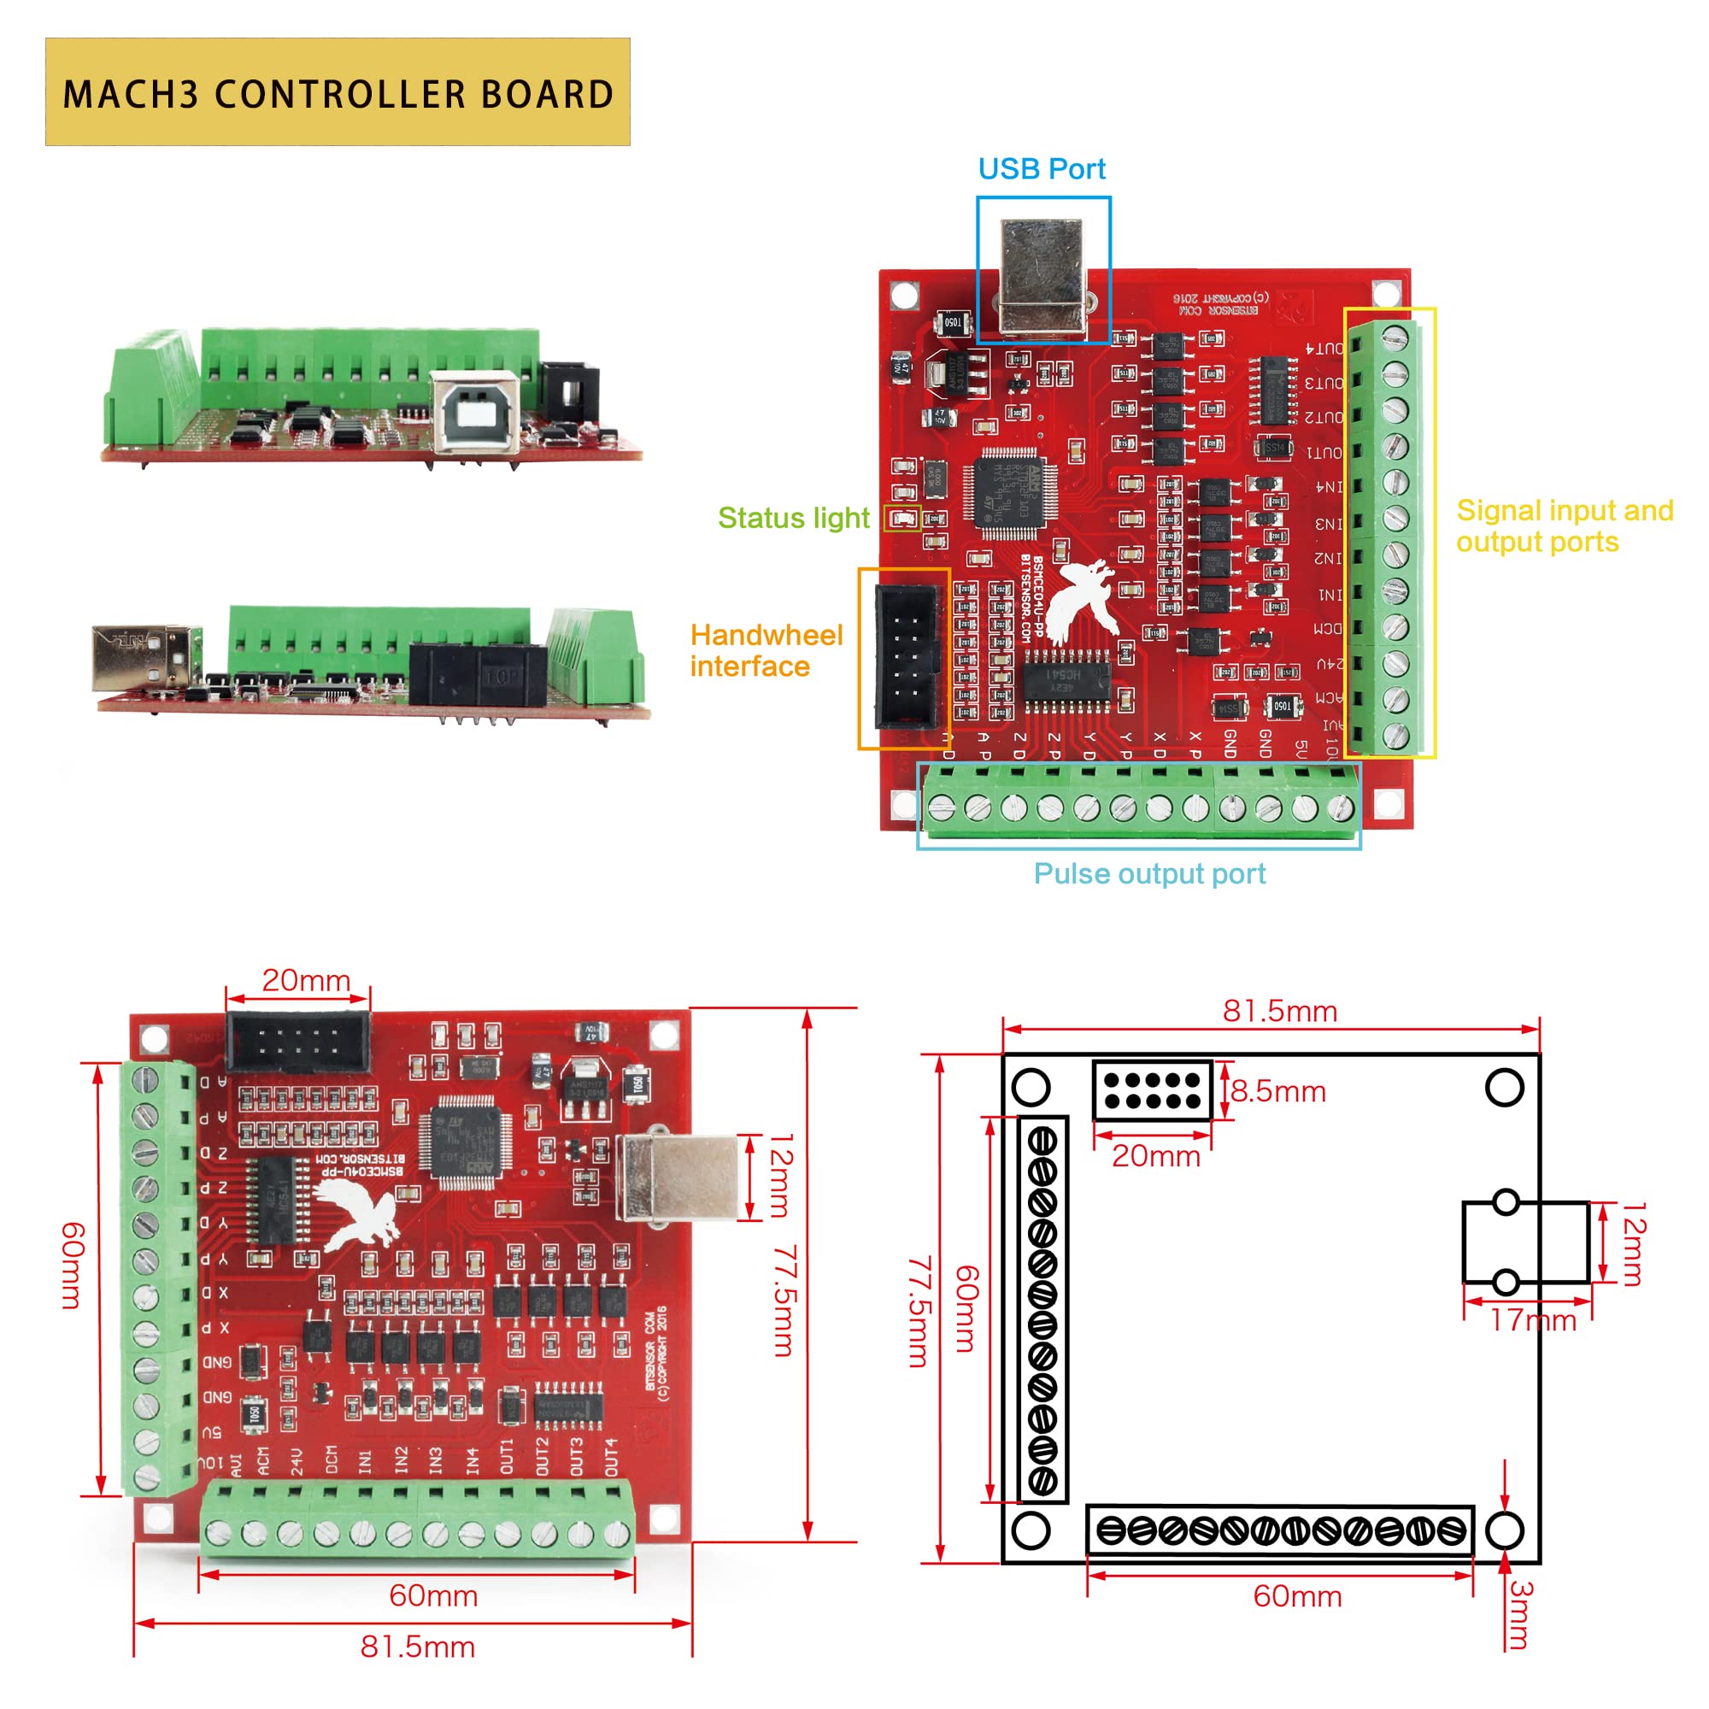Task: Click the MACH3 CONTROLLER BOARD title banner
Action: (x=337, y=92)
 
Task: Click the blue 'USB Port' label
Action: (x=1041, y=169)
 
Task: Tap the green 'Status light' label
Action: (x=794, y=518)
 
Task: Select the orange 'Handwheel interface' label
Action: (x=766, y=650)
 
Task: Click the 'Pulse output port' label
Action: (x=1149, y=874)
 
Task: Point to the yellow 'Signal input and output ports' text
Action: (x=1564, y=526)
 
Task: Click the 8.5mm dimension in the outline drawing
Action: (x=1278, y=1091)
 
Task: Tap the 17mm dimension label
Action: (x=1533, y=1321)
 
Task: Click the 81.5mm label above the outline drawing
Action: (x=1279, y=1011)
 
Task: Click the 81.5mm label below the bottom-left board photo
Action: (x=418, y=1647)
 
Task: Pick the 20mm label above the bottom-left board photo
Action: (x=306, y=980)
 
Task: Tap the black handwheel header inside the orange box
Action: (x=905, y=656)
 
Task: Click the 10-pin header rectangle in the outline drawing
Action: (x=1152, y=1090)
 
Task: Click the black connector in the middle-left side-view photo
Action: (x=477, y=674)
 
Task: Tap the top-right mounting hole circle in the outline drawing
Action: (x=1505, y=1087)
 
